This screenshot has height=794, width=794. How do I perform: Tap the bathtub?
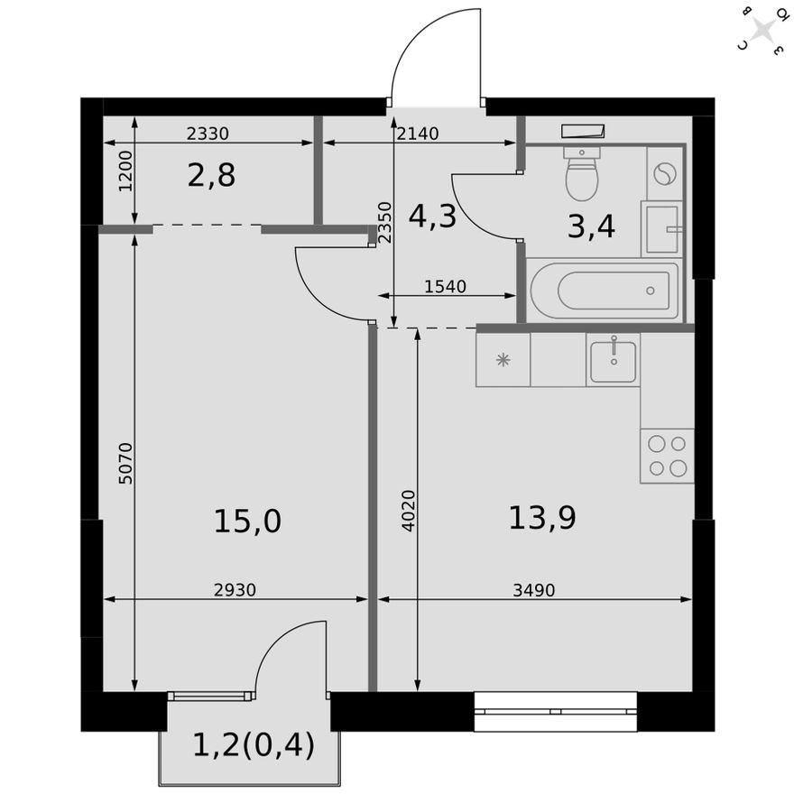(x=605, y=291)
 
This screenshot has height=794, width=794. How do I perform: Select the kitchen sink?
(x=613, y=360)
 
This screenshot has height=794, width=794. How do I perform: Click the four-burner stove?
(x=667, y=456)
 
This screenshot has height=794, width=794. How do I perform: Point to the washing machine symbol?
(x=665, y=174)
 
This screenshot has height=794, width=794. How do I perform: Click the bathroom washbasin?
(x=664, y=229)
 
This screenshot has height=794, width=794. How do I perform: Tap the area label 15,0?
(x=247, y=521)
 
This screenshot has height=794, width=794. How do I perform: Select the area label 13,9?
(x=541, y=518)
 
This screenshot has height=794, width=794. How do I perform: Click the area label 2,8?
(x=211, y=175)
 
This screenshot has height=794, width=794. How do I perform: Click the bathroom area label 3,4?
(x=591, y=226)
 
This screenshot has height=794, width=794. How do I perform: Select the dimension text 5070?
(x=125, y=463)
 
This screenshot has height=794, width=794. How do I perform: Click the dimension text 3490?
(x=533, y=590)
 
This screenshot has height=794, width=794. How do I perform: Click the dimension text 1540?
(x=445, y=287)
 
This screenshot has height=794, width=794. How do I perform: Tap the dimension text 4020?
(x=408, y=510)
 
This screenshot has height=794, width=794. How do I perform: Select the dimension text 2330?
(x=208, y=134)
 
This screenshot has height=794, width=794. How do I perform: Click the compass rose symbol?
(x=762, y=31)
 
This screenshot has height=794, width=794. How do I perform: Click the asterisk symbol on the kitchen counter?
(x=503, y=360)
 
